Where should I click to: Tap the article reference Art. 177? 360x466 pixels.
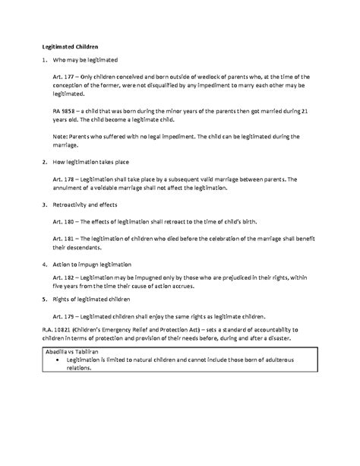tap(64, 78)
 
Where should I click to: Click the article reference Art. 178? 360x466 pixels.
tap(64, 179)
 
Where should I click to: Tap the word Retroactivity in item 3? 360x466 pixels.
tap(74, 205)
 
